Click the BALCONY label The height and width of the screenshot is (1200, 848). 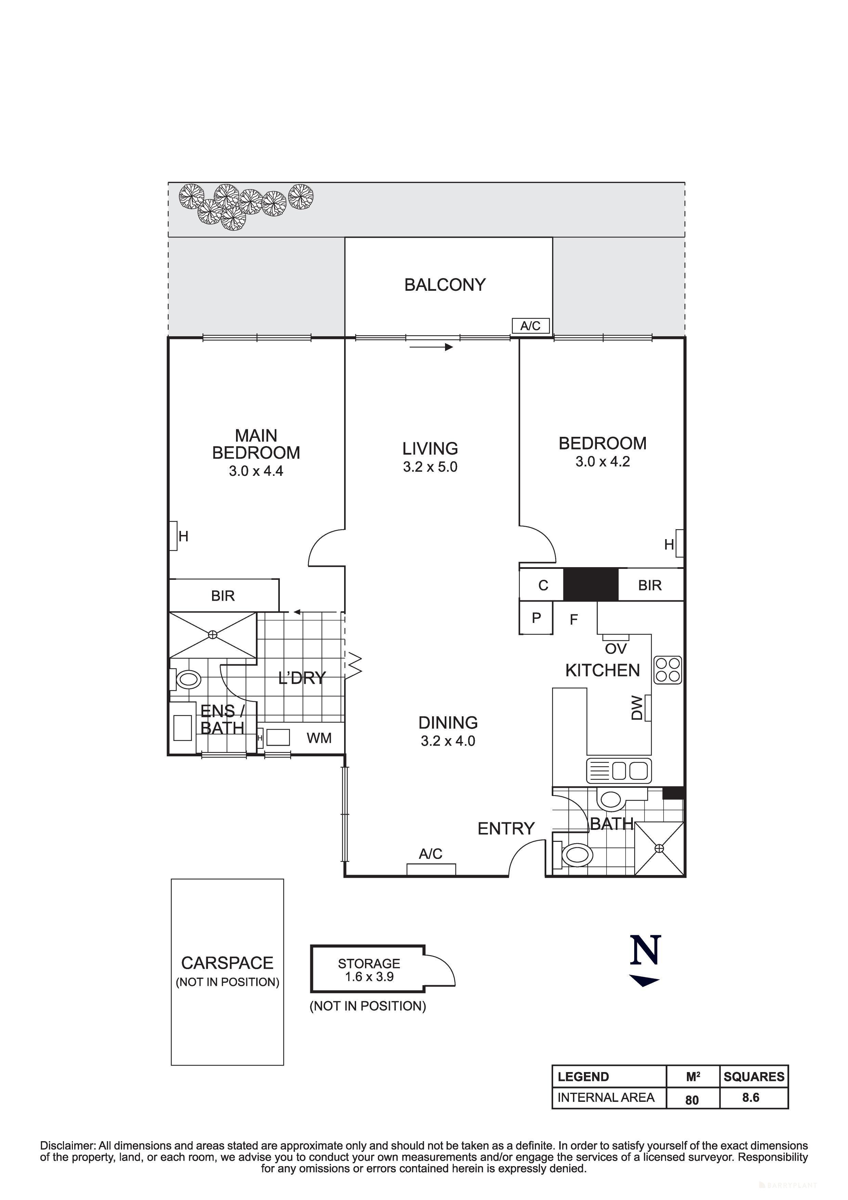pyautogui.click(x=445, y=285)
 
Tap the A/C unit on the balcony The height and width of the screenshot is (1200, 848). pyautogui.click(x=530, y=326)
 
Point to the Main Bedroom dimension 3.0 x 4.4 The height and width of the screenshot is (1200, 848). pyautogui.click(x=256, y=471)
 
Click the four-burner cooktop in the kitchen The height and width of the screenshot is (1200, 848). pyautogui.click(x=668, y=670)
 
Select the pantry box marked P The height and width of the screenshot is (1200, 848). pyautogui.click(x=536, y=618)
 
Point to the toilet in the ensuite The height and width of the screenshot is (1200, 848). pyautogui.click(x=188, y=680)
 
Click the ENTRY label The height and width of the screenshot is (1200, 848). pyautogui.click(x=506, y=829)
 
